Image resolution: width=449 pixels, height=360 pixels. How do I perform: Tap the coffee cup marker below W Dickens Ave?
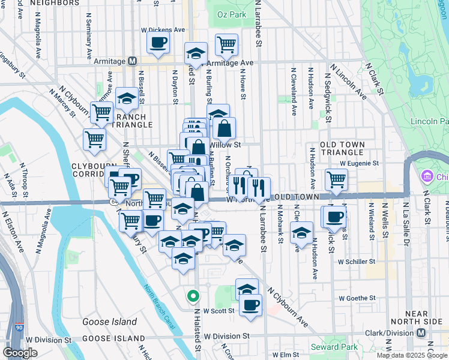tap(158, 43)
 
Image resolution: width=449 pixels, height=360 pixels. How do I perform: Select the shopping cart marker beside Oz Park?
tap(226, 44)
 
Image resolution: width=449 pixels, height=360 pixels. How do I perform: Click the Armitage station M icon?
tap(133, 61)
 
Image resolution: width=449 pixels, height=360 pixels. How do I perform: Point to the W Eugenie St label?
tap(359, 163)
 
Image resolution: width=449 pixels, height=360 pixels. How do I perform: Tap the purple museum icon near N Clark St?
tap(427, 177)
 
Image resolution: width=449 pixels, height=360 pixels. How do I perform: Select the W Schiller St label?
tap(357, 262)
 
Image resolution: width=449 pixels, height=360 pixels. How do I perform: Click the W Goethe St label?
tap(357, 298)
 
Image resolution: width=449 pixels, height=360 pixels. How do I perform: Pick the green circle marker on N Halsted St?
tap(193, 296)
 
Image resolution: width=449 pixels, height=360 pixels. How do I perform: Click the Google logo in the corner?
tap(20, 352)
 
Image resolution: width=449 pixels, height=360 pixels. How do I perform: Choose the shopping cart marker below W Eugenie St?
tap(336, 179)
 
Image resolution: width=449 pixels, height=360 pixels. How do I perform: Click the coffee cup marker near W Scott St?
tap(250, 304)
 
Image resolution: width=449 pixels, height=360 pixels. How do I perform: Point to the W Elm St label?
tap(286, 355)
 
